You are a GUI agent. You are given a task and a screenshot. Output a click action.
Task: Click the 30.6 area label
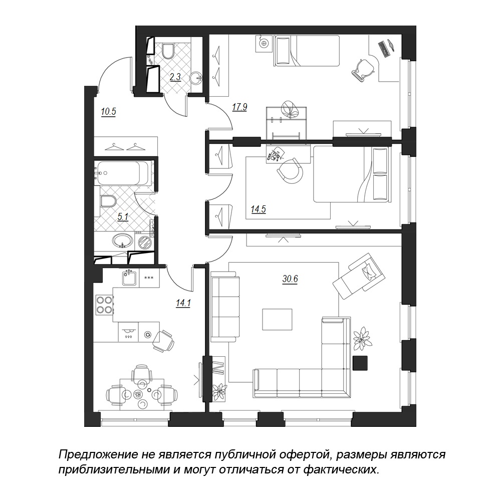pos(290,279)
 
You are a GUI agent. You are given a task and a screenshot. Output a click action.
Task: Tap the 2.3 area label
pos(175,77)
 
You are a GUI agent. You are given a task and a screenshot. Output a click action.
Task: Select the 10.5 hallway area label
pos(108,112)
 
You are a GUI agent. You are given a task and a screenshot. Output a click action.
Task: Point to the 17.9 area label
pos(239,107)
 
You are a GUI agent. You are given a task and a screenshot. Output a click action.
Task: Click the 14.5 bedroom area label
pos(258,209)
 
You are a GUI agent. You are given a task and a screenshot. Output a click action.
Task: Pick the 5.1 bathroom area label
pos(123,217)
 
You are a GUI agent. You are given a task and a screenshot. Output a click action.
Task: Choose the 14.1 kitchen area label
pos(183,303)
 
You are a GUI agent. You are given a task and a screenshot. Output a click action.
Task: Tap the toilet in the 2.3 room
pos(168,51)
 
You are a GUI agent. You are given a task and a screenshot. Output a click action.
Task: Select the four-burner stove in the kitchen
pos(104,305)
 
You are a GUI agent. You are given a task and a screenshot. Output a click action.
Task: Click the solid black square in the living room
pos(360,364)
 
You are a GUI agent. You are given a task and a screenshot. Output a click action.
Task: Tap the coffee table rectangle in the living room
pos(278,319)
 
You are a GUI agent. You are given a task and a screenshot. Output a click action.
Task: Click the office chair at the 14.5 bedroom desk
pos(290,171)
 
